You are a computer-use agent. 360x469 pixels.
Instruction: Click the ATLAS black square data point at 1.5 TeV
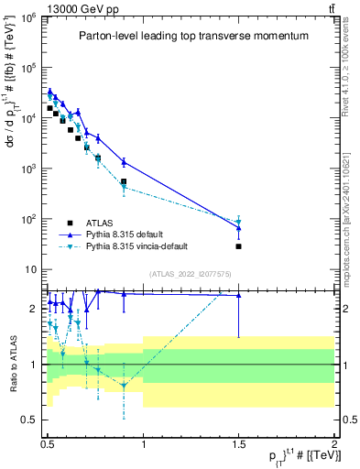[x=238, y=245]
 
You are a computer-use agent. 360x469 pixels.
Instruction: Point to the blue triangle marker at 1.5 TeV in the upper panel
[x=238, y=227]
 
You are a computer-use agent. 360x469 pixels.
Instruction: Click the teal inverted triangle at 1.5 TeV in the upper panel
[x=238, y=222]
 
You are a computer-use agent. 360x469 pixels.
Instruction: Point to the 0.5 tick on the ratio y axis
[x=32, y=420]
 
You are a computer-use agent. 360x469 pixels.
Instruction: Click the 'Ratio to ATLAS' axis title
[x=12, y=364]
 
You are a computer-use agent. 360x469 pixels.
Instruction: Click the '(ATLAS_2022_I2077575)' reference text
[x=191, y=274]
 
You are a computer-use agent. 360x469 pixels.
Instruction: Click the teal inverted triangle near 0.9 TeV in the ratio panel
[x=124, y=386]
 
